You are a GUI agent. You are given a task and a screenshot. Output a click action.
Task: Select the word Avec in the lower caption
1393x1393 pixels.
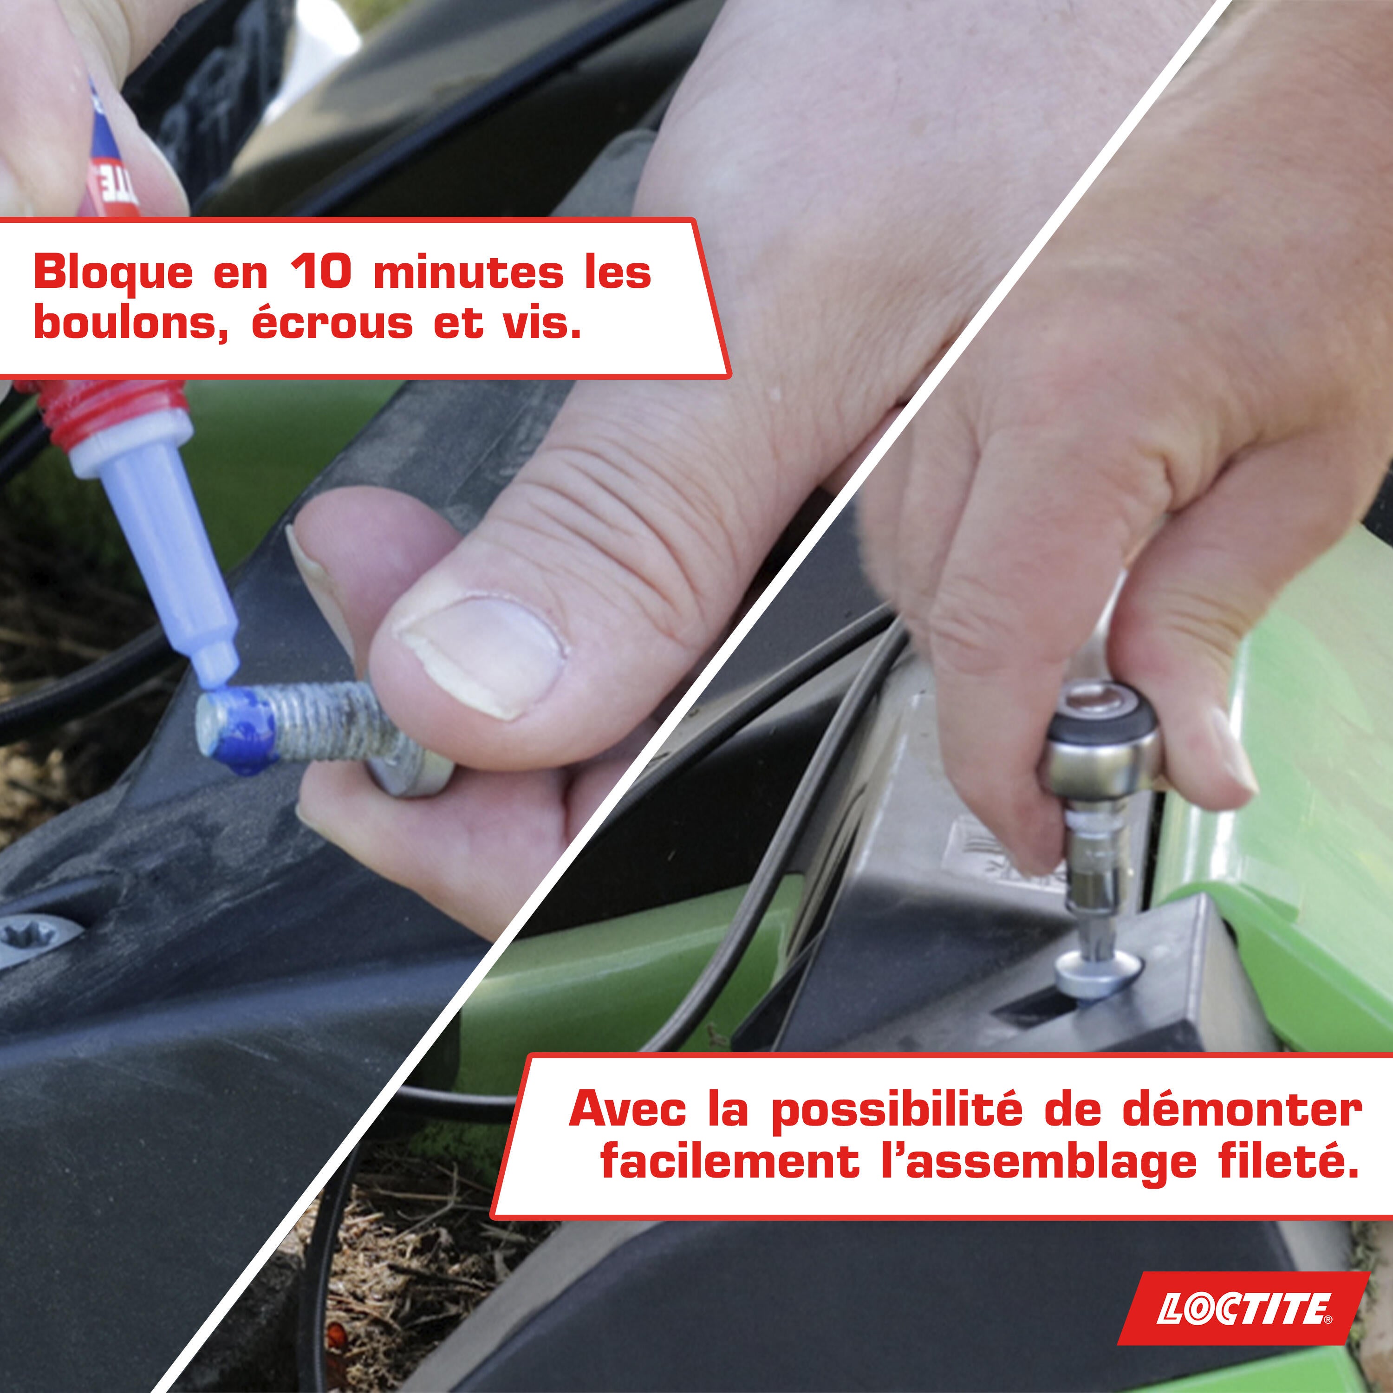(x=627, y=1110)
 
